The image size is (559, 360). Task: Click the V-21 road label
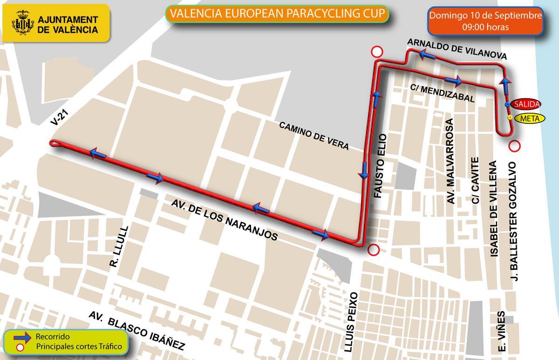[59, 117]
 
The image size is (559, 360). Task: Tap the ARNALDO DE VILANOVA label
[457, 49]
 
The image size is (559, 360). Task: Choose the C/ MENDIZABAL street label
[443, 93]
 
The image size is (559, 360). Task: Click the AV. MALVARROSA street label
[450, 161]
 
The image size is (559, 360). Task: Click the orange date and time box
[485, 21]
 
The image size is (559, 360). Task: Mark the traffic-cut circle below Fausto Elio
[373, 250]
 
